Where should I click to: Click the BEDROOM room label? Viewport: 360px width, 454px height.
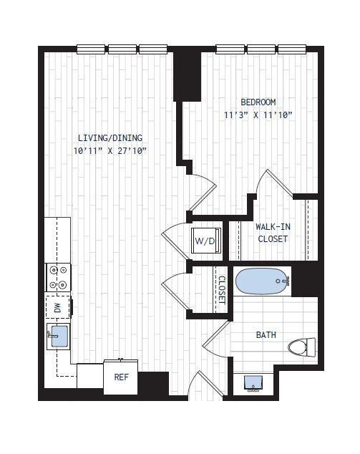[258, 102]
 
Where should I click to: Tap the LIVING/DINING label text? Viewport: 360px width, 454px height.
[110, 137]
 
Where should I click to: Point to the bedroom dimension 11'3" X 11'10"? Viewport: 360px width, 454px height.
[258, 115]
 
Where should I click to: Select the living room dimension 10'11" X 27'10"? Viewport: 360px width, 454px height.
[110, 151]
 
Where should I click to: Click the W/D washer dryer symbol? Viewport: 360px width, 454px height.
[205, 241]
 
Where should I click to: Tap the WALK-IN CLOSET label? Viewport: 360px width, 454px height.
[273, 233]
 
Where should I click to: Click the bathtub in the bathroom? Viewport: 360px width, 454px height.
[263, 281]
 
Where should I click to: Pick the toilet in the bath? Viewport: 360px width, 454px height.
[302, 347]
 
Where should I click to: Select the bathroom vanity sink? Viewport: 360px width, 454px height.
[253, 383]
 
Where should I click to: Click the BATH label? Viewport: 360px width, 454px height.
[266, 335]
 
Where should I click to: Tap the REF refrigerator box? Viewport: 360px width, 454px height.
[121, 377]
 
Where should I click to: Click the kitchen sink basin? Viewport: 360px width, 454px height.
[59, 336]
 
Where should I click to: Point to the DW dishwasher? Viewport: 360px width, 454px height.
[58, 308]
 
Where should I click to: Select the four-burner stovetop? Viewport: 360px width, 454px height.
[58, 278]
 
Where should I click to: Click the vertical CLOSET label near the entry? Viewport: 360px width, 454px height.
[221, 290]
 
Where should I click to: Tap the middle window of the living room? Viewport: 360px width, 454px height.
[122, 49]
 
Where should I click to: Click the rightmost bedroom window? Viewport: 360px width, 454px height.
[292, 49]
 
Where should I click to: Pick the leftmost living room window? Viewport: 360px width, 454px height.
[91, 49]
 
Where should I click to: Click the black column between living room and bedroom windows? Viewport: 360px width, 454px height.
[188, 74]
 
